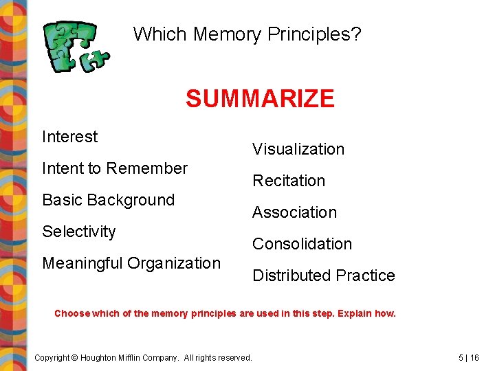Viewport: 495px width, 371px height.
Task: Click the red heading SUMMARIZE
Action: click(x=259, y=99)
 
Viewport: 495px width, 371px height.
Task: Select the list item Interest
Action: click(x=69, y=137)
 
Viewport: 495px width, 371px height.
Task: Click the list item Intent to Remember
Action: click(x=114, y=168)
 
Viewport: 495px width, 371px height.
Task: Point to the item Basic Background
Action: click(x=108, y=200)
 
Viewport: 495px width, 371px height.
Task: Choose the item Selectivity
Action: click(x=78, y=232)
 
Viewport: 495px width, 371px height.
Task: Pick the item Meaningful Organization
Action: click(x=131, y=263)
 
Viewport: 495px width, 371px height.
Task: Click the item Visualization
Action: click(x=298, y=149)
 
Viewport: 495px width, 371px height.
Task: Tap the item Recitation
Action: click(x=288, y=181)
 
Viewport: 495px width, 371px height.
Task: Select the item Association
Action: click(x=294, y=212)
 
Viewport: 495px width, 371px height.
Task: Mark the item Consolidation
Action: click(x=302, y=244)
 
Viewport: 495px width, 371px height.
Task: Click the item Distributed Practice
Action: click(x=323, y=276)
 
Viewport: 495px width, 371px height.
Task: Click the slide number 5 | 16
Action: click(x=469, y=357)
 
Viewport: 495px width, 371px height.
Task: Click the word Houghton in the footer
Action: click(x=103, y=357)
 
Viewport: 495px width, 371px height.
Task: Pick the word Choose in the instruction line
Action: click(x=71, y=313)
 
